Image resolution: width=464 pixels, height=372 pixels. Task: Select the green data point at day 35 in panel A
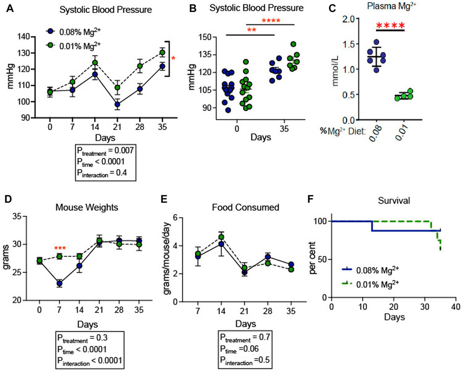162,53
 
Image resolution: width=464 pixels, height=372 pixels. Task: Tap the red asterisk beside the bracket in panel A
173,58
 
